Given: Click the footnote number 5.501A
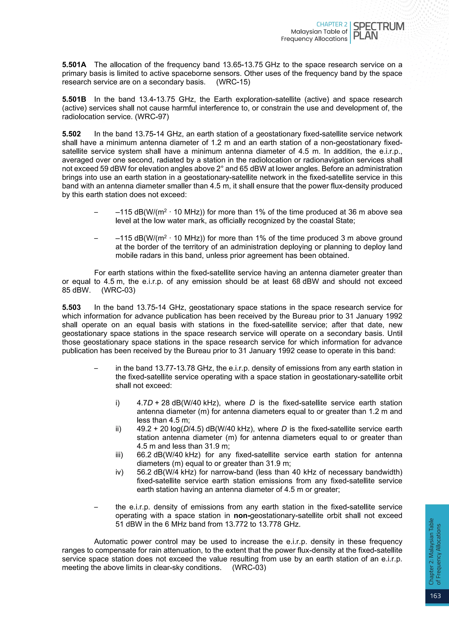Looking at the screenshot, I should pos(74,65).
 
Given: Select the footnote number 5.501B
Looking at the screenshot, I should pos(74,99).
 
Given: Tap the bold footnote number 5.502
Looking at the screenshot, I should pos(71,134).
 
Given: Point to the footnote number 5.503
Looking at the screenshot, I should pos(71,308).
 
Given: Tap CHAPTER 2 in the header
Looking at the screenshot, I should pos(332,25).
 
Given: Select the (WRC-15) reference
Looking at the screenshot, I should pos(233,82).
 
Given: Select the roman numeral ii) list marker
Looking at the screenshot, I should pos(118,429).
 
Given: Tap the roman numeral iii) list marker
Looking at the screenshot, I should pos(119,455).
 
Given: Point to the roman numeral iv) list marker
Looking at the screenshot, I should pos(119,472).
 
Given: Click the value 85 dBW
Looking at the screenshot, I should pos(76,290).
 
